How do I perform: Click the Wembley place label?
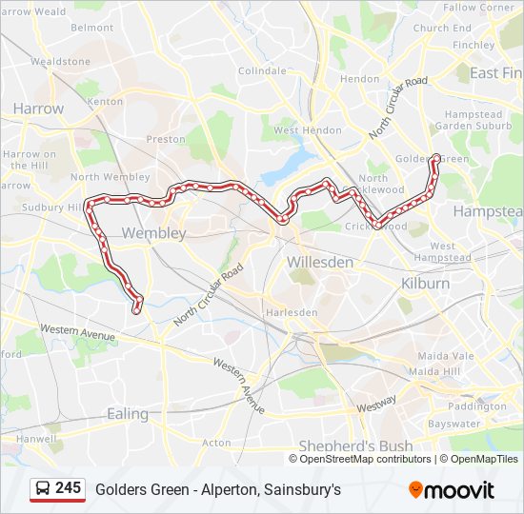[153, 232]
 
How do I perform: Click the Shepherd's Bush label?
[355, 445]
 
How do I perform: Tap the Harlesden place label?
[292, 312]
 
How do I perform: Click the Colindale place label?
[261, 71]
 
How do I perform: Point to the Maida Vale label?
[438, 356]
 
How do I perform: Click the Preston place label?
[166, 139]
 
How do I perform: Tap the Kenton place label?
[105, 101]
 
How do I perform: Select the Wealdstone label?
[60, 61]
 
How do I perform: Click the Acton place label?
[216, 443]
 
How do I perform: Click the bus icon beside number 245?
[43, 489]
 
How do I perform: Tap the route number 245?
[68, 488]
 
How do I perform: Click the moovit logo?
[452, 490]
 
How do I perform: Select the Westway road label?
[376, 404]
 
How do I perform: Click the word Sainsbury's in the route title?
[302, 489]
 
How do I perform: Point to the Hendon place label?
[359, 79]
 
